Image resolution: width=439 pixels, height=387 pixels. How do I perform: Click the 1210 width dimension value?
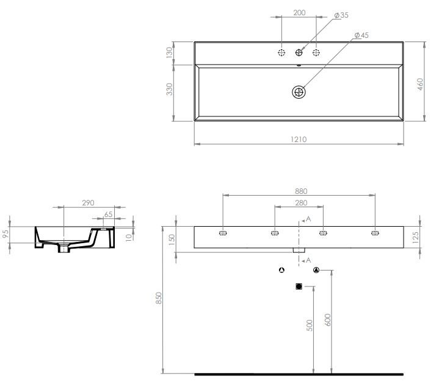point(298,139)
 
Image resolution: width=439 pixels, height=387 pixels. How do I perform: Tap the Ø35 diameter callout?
point(341,14)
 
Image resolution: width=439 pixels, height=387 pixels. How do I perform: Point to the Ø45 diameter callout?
point(361,36)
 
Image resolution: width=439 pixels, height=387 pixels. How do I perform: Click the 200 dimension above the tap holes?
point(299,12)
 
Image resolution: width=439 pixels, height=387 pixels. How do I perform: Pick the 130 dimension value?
point(170,53)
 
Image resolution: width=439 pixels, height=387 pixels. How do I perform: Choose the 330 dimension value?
point(170,90)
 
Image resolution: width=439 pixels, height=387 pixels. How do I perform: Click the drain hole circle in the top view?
point(299,93)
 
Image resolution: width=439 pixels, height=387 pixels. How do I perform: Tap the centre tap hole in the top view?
point(299,53)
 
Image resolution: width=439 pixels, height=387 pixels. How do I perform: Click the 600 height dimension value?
point(327,320)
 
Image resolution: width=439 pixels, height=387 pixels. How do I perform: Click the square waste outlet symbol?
point(299,286)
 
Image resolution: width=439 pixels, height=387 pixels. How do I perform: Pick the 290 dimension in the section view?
point(88,203)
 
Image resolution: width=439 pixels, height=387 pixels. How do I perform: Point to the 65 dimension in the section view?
point(108,214)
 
